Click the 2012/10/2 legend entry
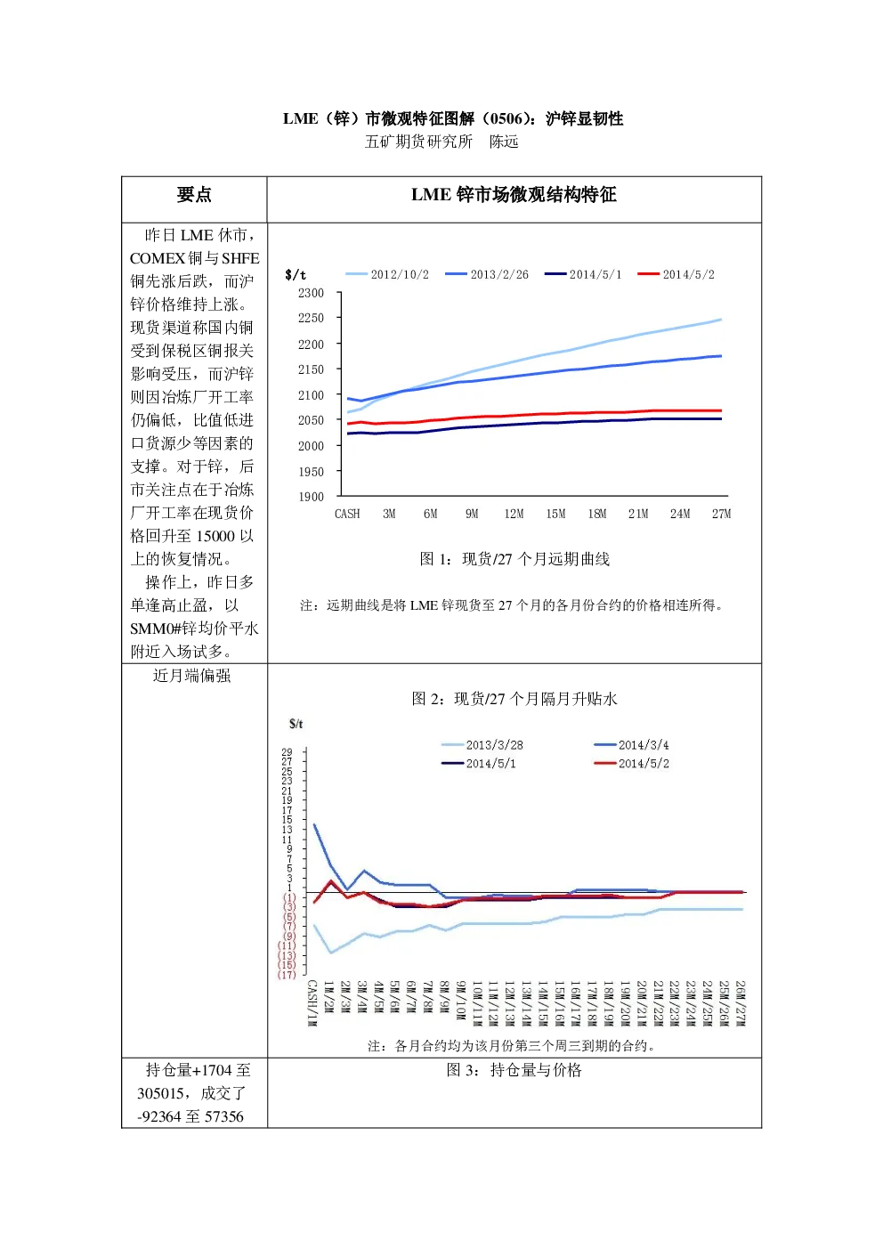click(x=387, y=274)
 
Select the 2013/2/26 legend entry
click(x=487, y=274)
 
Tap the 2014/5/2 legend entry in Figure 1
click(x=676, y=274)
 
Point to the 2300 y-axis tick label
click(x=311, y=293)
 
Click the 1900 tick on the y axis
click(x=311, y=496)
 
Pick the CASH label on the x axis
click(x=347, y=514)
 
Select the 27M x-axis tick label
click(x=721, y=514)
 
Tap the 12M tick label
click(x=514, y=514)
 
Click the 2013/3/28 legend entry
click(x=482, y=745)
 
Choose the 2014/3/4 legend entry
click(x=631, y=745)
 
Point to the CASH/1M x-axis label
click(x=312, y=1003)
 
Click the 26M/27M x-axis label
click(x=741, y=1003)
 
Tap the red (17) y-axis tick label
click(x=288, y=975)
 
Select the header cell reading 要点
click(x=194, y=195)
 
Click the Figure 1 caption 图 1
click(x=435, y=559)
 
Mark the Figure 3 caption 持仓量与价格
click(x=536, y=1070)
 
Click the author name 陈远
click(x=504, y=142)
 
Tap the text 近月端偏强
click(x=191, y=676)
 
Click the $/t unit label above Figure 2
click(x=296, y=724)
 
